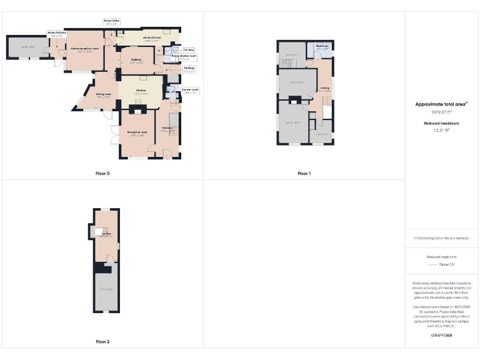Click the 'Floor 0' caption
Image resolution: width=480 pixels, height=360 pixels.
point(102,173)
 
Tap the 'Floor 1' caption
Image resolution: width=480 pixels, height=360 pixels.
point(304,173)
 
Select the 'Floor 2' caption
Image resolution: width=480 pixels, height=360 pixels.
point(102,342)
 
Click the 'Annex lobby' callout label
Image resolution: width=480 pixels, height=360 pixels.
point(111,22)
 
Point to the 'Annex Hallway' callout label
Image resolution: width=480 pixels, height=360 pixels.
point(57,34)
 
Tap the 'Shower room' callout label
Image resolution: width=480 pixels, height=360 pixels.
point(190,91)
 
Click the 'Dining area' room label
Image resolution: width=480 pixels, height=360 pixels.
point(103,96)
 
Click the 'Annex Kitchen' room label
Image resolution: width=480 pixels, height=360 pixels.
point(152,39)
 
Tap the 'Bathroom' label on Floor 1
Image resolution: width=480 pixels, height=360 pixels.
point(322,47)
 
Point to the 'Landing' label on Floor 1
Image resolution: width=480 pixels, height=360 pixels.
point(324,89)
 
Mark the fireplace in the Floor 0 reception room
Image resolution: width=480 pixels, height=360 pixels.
point(137,110)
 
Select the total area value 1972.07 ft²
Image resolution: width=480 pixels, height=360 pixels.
point(441,112)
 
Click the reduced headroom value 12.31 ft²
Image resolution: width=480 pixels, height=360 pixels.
point(441,131)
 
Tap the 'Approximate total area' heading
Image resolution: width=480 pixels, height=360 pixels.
point(441,104)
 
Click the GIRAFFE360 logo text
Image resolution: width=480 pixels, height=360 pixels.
point(441,336)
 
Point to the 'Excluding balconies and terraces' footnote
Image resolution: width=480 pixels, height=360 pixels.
point(441,238)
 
